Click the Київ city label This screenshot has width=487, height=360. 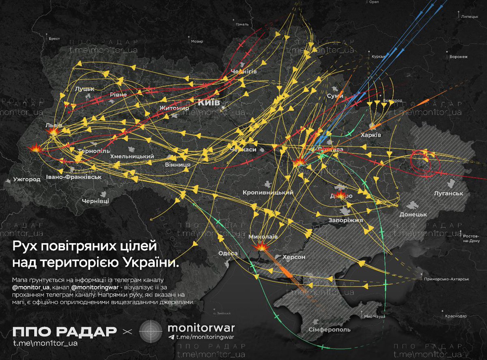tap(209, 102)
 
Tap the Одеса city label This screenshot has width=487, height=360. tap(228, 253)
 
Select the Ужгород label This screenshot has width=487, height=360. tap(27, 179)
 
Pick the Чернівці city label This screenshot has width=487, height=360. tap(95, 201)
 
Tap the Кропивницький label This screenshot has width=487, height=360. tap(268, 192)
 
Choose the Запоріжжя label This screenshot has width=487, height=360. tap(345, 220)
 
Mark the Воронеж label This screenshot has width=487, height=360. tap(458, 57)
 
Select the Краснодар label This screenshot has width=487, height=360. tap(456, 316)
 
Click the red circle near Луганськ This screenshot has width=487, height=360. tap(421, 160)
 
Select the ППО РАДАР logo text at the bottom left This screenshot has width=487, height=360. tap(65, 332)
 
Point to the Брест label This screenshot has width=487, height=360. tap(54, 39)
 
